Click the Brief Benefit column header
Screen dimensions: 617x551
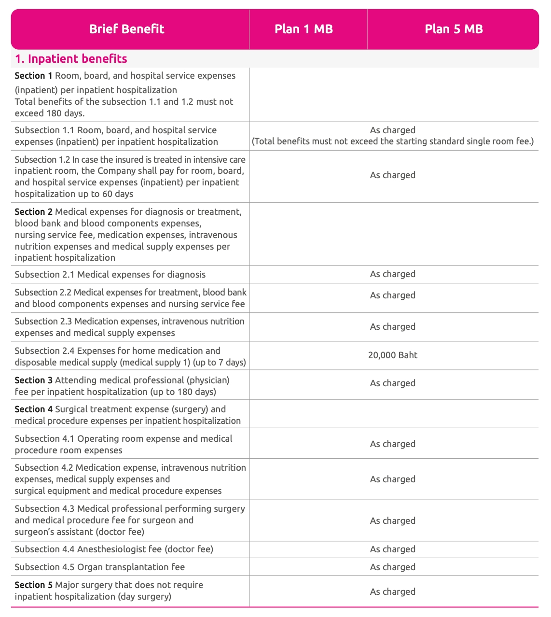(x=126, y=29)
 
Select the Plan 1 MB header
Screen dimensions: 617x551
(x=303, y=29)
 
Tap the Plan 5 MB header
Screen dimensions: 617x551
(x=454, y=29)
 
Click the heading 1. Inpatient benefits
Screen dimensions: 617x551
(x=71, y=59)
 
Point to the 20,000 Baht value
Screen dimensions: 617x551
(x=393, y=355)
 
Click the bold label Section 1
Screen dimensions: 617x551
(x=33, y=76)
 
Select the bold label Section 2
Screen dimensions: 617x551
(x=33, y=212)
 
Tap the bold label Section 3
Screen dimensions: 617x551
(x=33, y=380)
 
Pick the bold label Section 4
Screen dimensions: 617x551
(x=33, y=409)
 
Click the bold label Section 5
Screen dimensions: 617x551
(x=33, y=585)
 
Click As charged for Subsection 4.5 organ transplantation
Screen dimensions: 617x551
(x=393, y=567)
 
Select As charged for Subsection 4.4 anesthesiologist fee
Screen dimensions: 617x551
(x=393, y=549)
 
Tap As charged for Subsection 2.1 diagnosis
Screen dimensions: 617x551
(x=393, y=274)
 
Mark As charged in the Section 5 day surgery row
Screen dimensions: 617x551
(x=393, y=592)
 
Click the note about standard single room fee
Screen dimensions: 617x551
(x=393, y=141)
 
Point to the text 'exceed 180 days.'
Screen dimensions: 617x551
(x=50, y=113)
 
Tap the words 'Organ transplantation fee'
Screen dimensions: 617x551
(x=131, y=567)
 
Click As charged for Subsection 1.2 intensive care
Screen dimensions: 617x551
(x=393, y=175)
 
